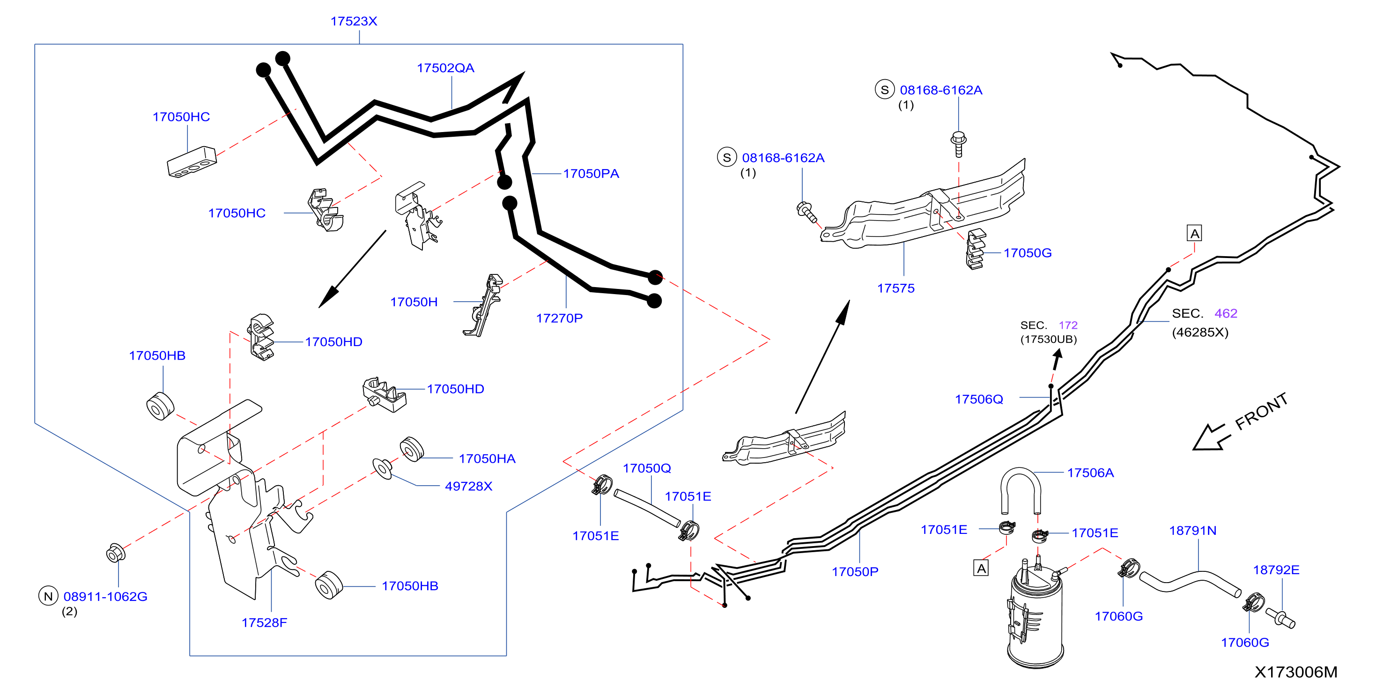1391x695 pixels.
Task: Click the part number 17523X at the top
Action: coord(354,21)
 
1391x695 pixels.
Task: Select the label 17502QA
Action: coord(445,68)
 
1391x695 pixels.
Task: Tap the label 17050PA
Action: coord(591,173)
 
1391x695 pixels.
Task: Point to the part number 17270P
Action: coord(559,318)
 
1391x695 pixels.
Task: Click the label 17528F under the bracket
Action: coord(264,622)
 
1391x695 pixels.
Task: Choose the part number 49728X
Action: coord(468,486)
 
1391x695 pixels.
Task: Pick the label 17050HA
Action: coord(487,458)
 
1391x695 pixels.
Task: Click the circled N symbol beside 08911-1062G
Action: coord(48,596)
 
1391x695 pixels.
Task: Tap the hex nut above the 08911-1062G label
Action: coord(116,553)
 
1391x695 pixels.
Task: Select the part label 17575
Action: coord(896,288)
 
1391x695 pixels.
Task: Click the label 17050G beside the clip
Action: coord(1027,253)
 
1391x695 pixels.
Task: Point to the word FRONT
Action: coord(1261,412)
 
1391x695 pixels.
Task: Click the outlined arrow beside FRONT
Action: coord(1211,437)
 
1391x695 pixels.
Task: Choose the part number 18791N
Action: coord(1192,530)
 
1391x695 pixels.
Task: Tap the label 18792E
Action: coord(1276,569)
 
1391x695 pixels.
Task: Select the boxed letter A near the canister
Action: coord(981,568)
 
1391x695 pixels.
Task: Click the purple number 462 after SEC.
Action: coord(1226,313)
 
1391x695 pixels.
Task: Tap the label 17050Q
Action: coord(647,468)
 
